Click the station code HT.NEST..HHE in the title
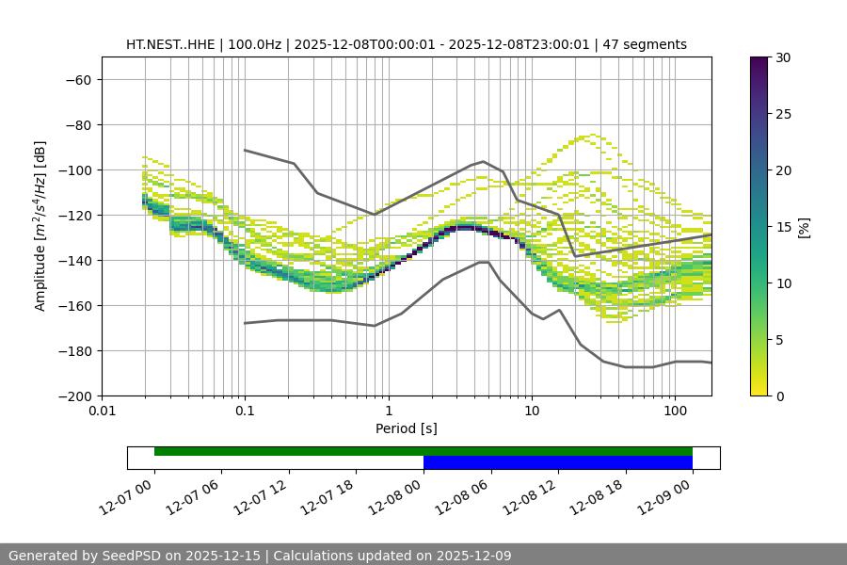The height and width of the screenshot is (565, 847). (x=169, y=44)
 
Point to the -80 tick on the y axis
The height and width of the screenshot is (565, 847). (x=77, y=124)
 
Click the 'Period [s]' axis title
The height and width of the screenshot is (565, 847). (x=407, y=428)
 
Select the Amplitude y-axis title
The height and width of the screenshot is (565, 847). (x=40, y=226)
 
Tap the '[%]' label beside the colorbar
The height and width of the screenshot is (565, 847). (x=803, y=227)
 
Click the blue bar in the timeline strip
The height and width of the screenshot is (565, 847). (x=558, y=462)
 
